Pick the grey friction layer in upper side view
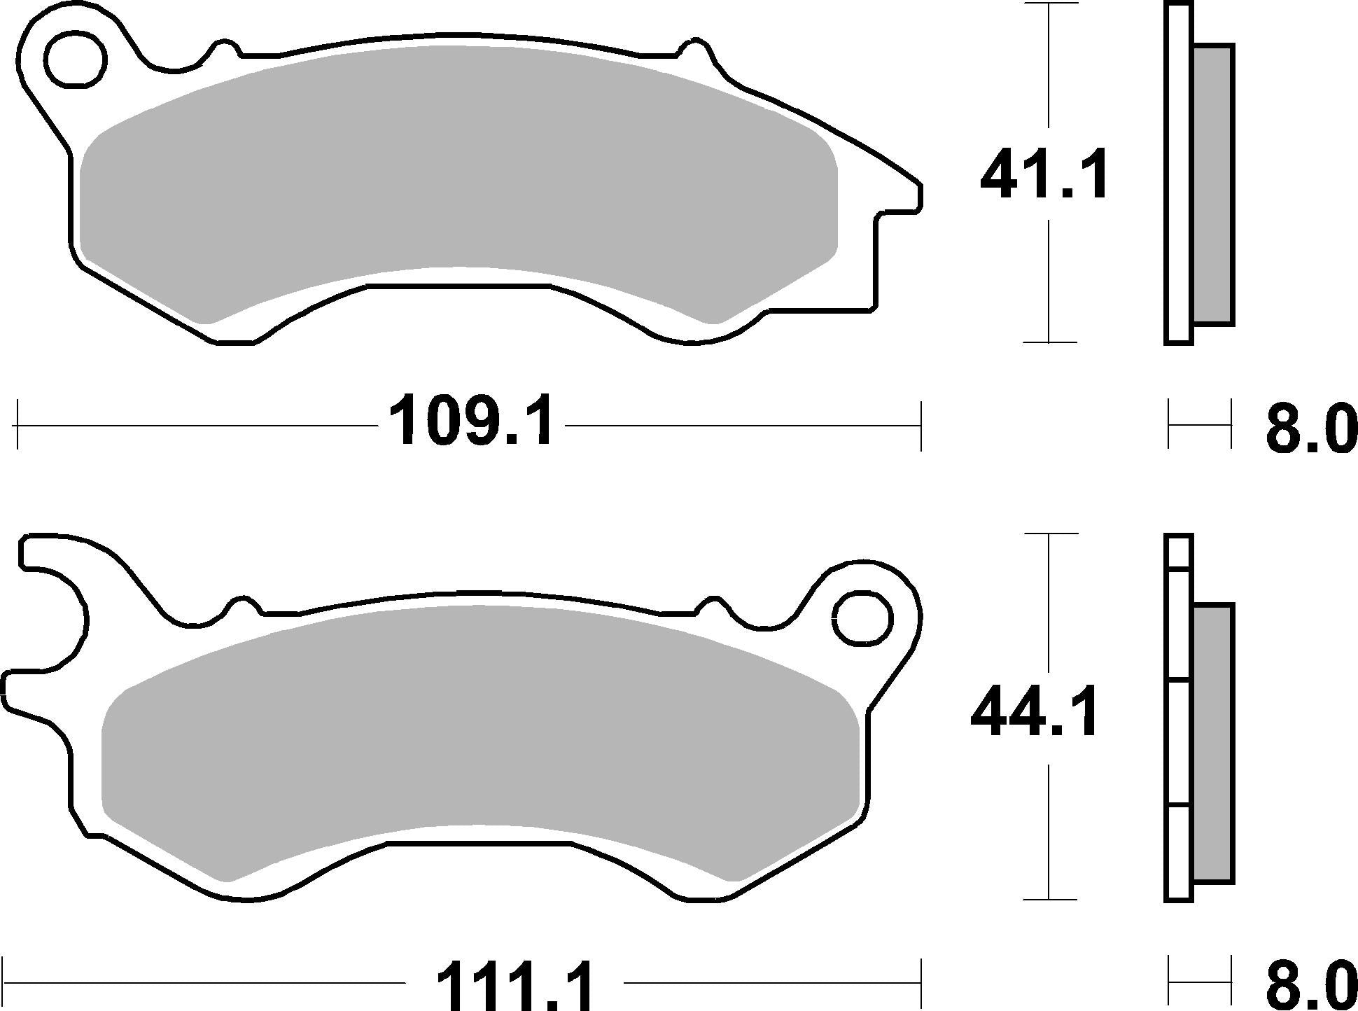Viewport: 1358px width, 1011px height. pyautogui.click(x=1212, y=184)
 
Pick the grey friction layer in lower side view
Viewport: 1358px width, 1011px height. pyautogui.click(x=1212, y=744)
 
